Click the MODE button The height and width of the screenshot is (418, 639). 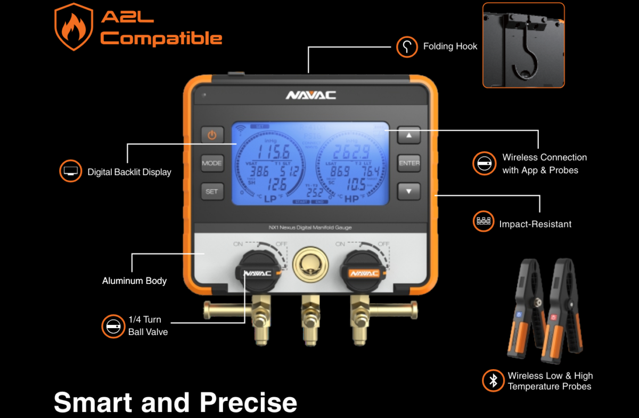212,163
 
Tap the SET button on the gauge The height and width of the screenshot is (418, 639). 212,191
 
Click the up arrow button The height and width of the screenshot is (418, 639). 409,135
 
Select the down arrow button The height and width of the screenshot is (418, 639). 409,191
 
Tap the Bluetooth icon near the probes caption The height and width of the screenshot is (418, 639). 493,380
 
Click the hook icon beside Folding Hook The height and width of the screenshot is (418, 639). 407,47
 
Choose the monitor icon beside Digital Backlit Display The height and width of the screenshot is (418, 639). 70,171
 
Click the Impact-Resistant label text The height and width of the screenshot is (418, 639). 535,224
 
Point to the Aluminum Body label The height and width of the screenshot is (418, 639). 134,281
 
